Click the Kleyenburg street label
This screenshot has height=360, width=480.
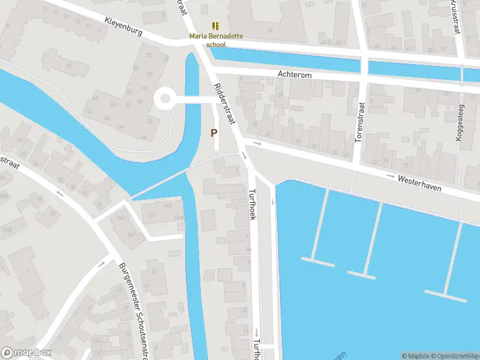pos(123,26)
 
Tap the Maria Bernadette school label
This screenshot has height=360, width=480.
pos(216,40)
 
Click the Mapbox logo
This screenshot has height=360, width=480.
pos(26,353)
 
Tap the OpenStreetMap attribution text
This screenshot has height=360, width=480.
pos(454,356)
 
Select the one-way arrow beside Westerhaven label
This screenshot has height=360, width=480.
pos(391,176)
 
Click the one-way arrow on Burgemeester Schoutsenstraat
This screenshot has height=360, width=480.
pos(101,263)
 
